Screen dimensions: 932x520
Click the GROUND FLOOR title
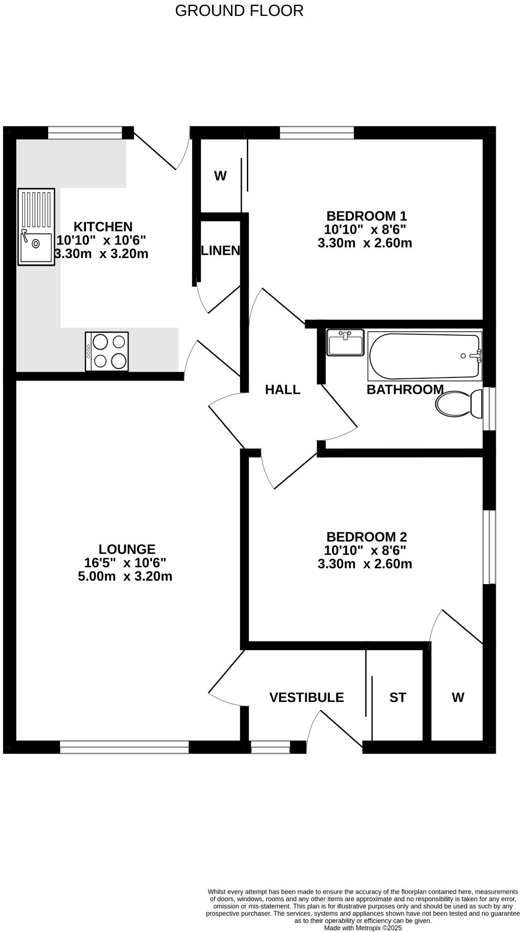tap(239, 10)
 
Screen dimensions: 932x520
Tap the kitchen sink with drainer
tap(36, 227)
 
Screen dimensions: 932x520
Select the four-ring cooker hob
tap(107, 351)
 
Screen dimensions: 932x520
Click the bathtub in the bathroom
tap(425, 355)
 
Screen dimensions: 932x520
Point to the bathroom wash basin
tap(345, 342)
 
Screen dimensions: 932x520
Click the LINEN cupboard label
tap(220, 251)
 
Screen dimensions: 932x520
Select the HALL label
tap(282, 390)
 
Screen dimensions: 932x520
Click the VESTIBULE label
tap(306, 697)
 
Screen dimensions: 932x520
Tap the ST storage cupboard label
tap(397, 697)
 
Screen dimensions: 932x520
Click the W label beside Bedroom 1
tap(220, 176)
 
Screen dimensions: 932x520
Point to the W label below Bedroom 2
tap(458, 697)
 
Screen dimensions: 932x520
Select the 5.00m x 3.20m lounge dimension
tap(125, 576)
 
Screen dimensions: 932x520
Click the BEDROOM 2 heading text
tap(366, 536)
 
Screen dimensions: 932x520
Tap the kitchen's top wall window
tap(85, 133)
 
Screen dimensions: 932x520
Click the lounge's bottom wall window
tap(124, 747)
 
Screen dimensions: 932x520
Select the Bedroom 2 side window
tap(489, 547)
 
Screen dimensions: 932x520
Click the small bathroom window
tap(489, 408)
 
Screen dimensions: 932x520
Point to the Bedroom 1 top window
tap(317, 133)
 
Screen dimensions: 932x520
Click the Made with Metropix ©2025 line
tap(363, 928)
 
